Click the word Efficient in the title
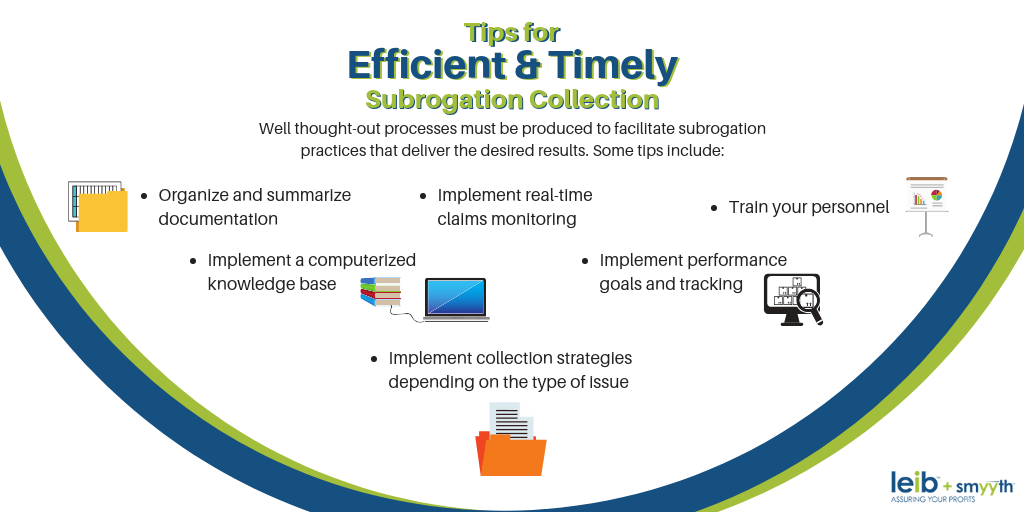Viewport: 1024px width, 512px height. pyautogui.click(x=427, y=65)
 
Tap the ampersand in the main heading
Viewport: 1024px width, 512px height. pyautogui.click(x=527, y=65)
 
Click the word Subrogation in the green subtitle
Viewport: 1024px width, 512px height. pyautogui.click(x=444, y=100)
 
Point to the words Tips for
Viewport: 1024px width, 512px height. pyautogui.click(x=512, y=32)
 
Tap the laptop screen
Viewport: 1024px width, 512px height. pyautogui.click(x=455, y=297)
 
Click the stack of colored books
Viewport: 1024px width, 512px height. pyautogui.click(x=380, y=292)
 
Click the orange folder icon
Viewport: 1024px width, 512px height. pyautogui.click(x=510, y=452)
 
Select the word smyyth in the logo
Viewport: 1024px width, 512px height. pyautogui.click(x=986, y=487)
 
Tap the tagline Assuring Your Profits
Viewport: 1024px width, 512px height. pyautogui.click(x=933, y=500)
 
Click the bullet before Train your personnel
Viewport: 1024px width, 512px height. pyautogui.click(x=714, y=208)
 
